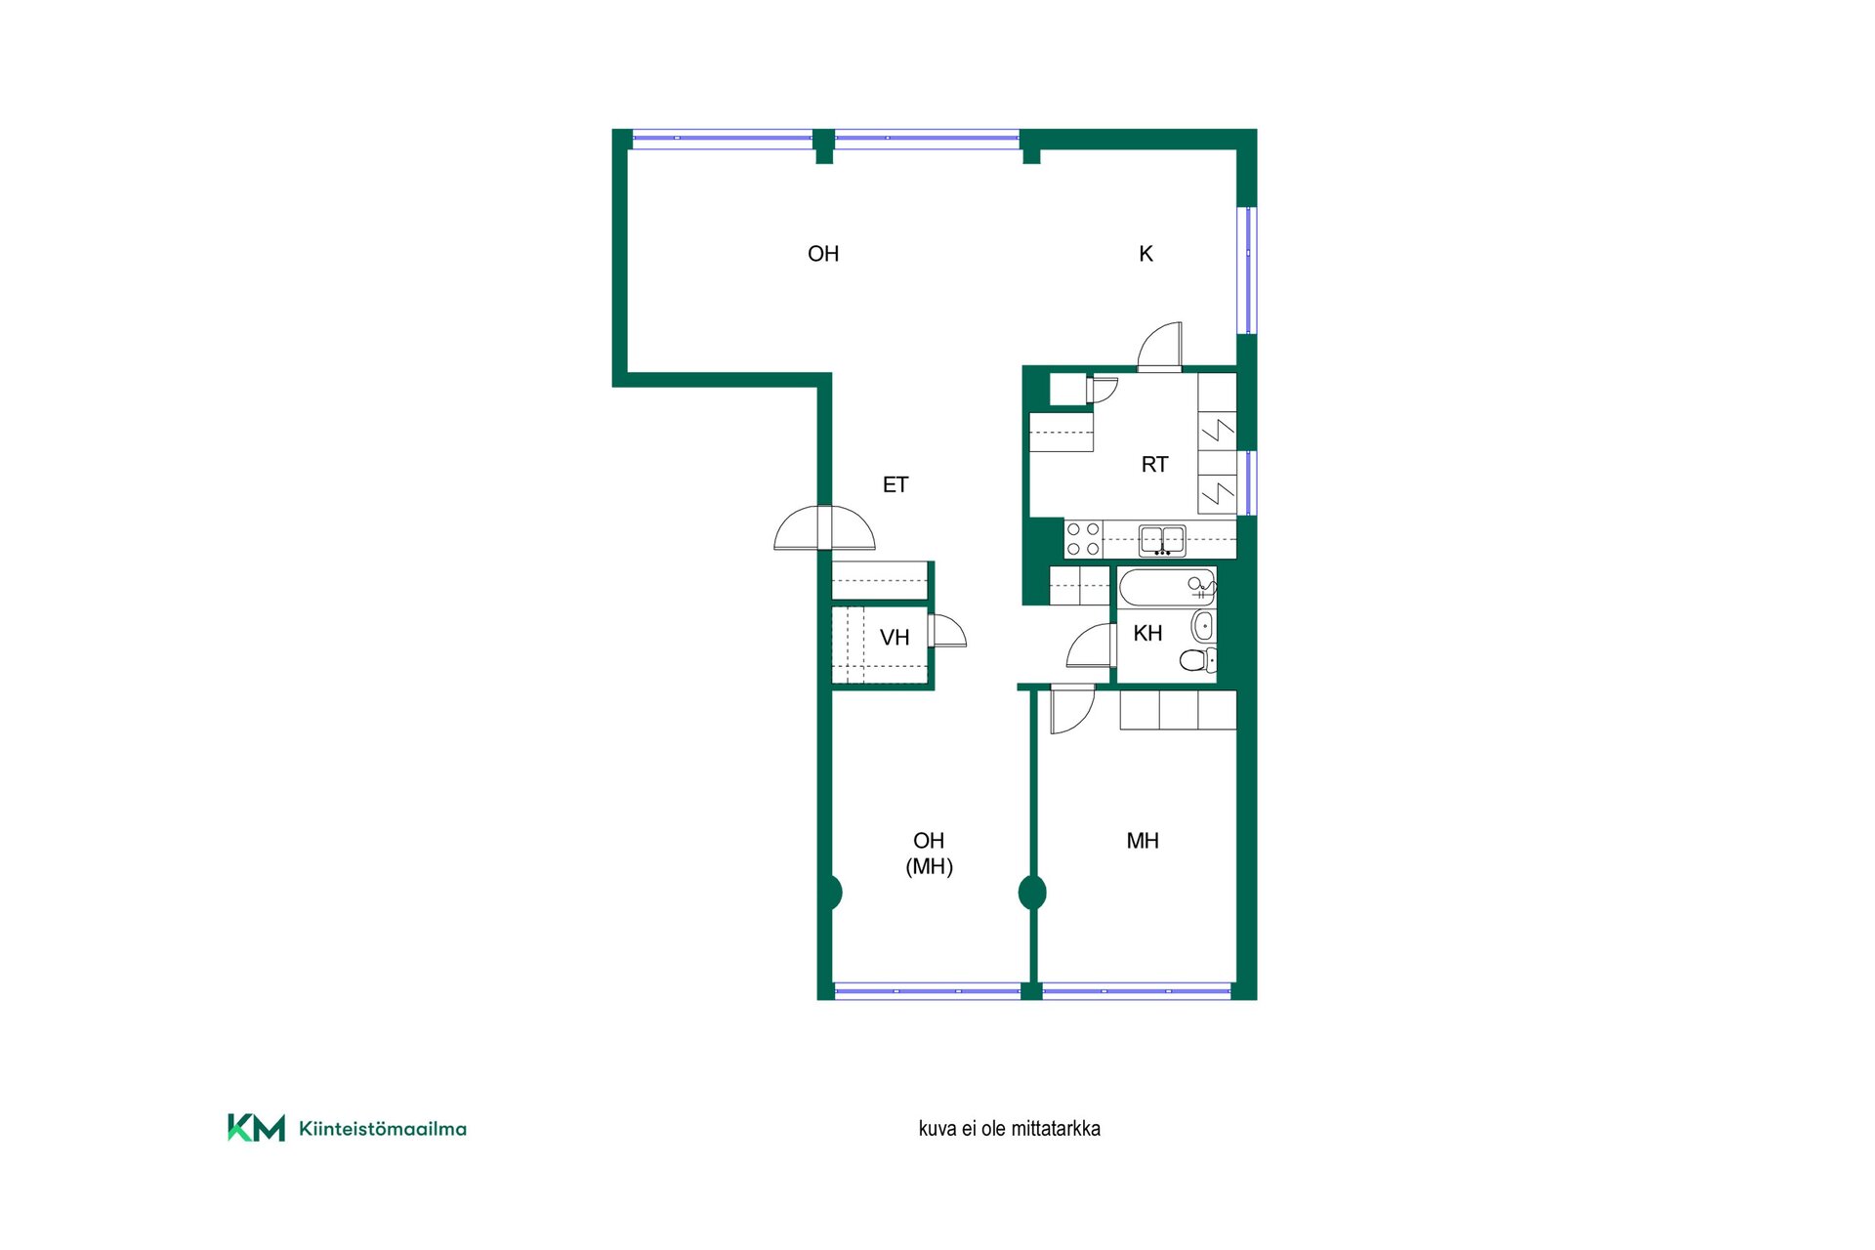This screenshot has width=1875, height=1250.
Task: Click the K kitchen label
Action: click(1146, 254)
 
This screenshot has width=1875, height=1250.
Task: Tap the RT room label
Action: click(1154, 465)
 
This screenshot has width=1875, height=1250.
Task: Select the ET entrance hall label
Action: click(896, 484)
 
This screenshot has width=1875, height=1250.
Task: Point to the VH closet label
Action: click(895, 638)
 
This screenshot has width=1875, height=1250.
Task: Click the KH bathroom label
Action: click(1147, 634)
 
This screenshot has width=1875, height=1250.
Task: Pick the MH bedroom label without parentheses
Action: click(1143, 841)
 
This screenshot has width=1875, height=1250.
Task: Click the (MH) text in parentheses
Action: click(930, 866)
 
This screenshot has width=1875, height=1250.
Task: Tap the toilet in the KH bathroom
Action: click(1198, 660)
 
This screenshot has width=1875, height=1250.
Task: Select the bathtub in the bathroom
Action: click(1167, 587)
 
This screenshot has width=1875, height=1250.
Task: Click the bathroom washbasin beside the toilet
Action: click(1204, 626)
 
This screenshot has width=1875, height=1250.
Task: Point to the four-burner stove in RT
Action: click(1083, 539)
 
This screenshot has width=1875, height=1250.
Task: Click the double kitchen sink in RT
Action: click(1162, 540)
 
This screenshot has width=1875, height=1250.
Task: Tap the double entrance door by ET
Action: click(825, 527)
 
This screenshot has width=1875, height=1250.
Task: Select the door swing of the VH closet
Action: click(948, 631)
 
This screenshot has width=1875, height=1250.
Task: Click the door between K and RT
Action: click(1160, 347)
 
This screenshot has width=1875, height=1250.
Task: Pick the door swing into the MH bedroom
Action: click(1072, 711)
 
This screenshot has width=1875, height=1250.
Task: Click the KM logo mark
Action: click(257, 1127)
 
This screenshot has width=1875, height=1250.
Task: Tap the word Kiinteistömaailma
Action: click(383, 1129)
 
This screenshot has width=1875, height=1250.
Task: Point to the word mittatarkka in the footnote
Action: click(1056, 1129)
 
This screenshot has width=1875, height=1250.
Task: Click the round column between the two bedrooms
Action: click(1032, 893)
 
